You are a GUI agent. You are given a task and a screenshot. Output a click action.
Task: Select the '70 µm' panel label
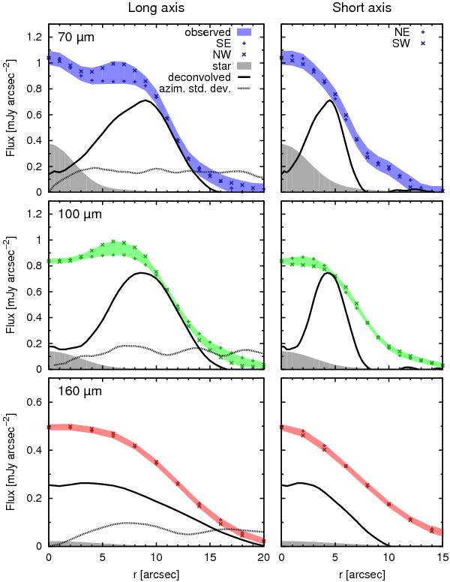[x=76, y=36]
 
